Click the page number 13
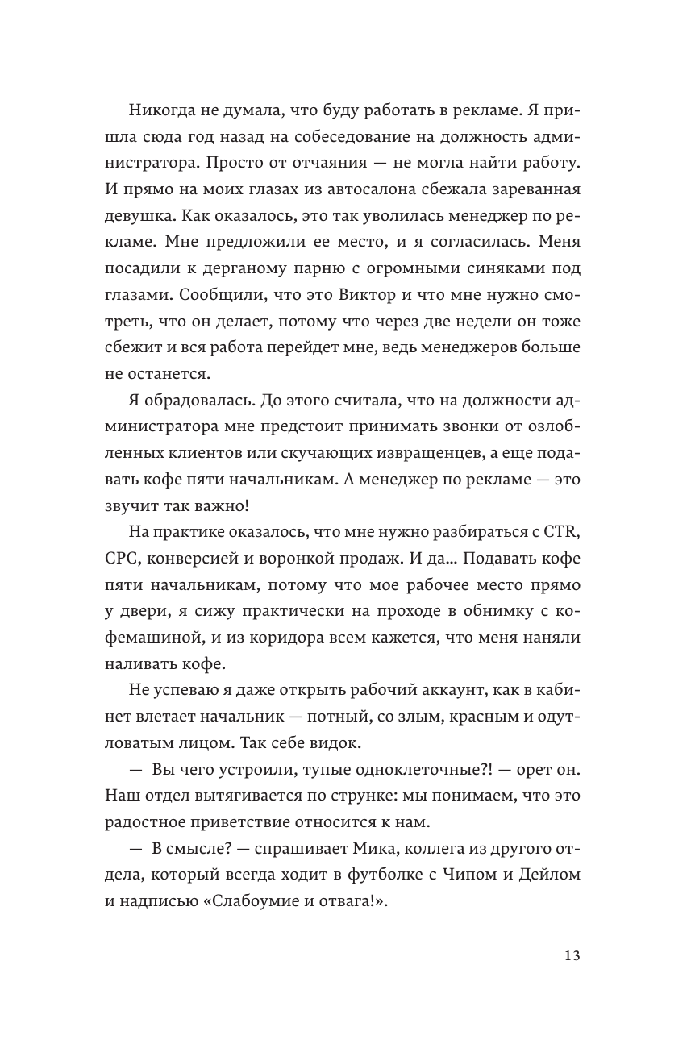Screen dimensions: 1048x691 point(571,955)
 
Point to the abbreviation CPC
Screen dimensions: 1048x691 point(121,559)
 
